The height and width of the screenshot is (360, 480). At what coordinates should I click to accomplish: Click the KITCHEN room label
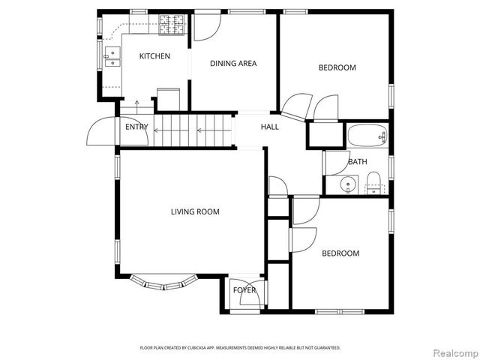pyautogui.click(x=154, y=56)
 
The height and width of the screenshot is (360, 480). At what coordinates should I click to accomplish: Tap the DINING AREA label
pyautogui.click(x=233, y=64)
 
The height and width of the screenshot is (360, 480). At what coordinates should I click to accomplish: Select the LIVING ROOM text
pyautogui.click(x=195, y=212)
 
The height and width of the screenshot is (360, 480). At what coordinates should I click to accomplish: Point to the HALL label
pyautogui.click(x=269, y=127)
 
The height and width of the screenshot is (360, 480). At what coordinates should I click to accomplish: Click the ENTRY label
pyautogui.click(x=136, y=127)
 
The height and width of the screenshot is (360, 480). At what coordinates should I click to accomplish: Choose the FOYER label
pyautogui.click(x=244, y=290)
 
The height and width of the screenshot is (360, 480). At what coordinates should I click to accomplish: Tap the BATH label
pyautogui.click(x=357, y=162)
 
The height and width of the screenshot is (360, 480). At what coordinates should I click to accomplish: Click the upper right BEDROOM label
pyautogui.click(x=337, y=68)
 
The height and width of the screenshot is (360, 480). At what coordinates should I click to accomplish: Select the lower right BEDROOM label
pyautogui.click(x=340, y=253)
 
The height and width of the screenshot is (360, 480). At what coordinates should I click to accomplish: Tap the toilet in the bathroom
pyautogui.click(x=373, y=183)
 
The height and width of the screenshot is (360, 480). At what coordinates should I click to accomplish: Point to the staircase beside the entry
pyautogui.click(x=192, y=130)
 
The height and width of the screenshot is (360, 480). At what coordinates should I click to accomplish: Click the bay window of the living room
pyautogui.click(x=163, y=282)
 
